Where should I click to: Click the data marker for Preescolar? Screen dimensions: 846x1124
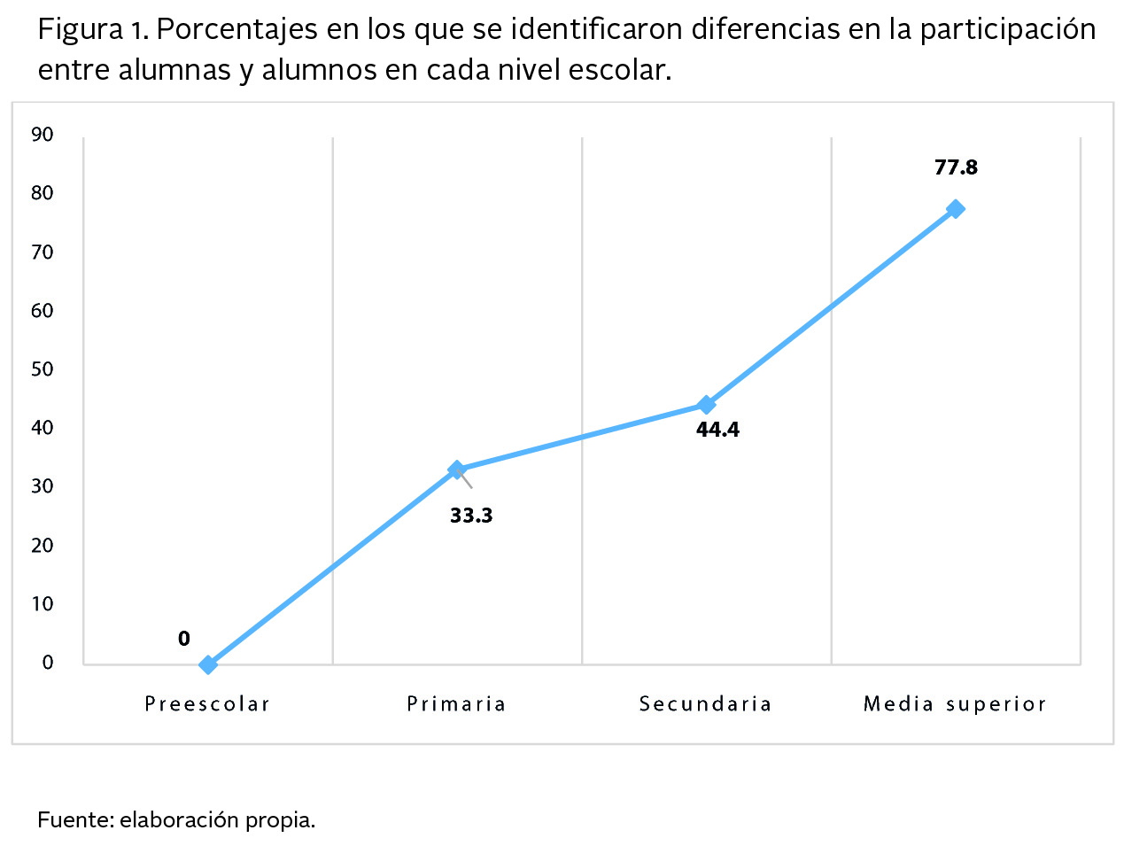pyautogui.click(x=208, y=664)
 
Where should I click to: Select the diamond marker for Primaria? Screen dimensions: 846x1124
pyautogui.click(x=457, y=470)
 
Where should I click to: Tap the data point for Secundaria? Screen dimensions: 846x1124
pyautogui.click(x=706, y=405)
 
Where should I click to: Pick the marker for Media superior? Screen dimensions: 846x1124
pyautogui.click(x=955, y=209)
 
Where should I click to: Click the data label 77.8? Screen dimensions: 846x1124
pyautogui.click(x=956, y=167)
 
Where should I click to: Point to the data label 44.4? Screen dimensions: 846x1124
pyautogui.click(x=717, y=430)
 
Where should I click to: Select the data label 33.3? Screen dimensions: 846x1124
pyautogui.click(x=471, y=516)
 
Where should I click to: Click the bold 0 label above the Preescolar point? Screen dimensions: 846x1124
pyautogui.click(x=183, y=639)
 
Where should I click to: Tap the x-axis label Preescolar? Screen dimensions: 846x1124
pyautogui.click(x=207, y=704)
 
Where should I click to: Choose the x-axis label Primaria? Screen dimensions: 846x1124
pyautogui.click(x=456, y=704)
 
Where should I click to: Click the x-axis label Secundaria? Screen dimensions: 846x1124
pyautogui.click(x=706, y=704)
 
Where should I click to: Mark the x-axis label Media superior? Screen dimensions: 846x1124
pyautogui.click(x=955, y=704)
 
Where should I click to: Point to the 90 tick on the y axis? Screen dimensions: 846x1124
pyautogui.click(x=43, y=135)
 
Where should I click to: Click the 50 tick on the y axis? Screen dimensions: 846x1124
pyautogui.click(x=43, y=369)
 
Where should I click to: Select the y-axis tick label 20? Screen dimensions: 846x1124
pyautogui.click(x=43, y=546)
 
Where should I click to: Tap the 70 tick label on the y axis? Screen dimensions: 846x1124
pyautogui.click(x=43, y=252)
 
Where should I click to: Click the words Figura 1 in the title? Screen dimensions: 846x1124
pyautogui.click(x=92, y=30)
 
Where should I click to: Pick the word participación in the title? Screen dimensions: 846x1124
pyautogui.click(x=1007, y=30)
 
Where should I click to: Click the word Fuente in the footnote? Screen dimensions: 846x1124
pyautogui.click(x=74, y=819)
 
